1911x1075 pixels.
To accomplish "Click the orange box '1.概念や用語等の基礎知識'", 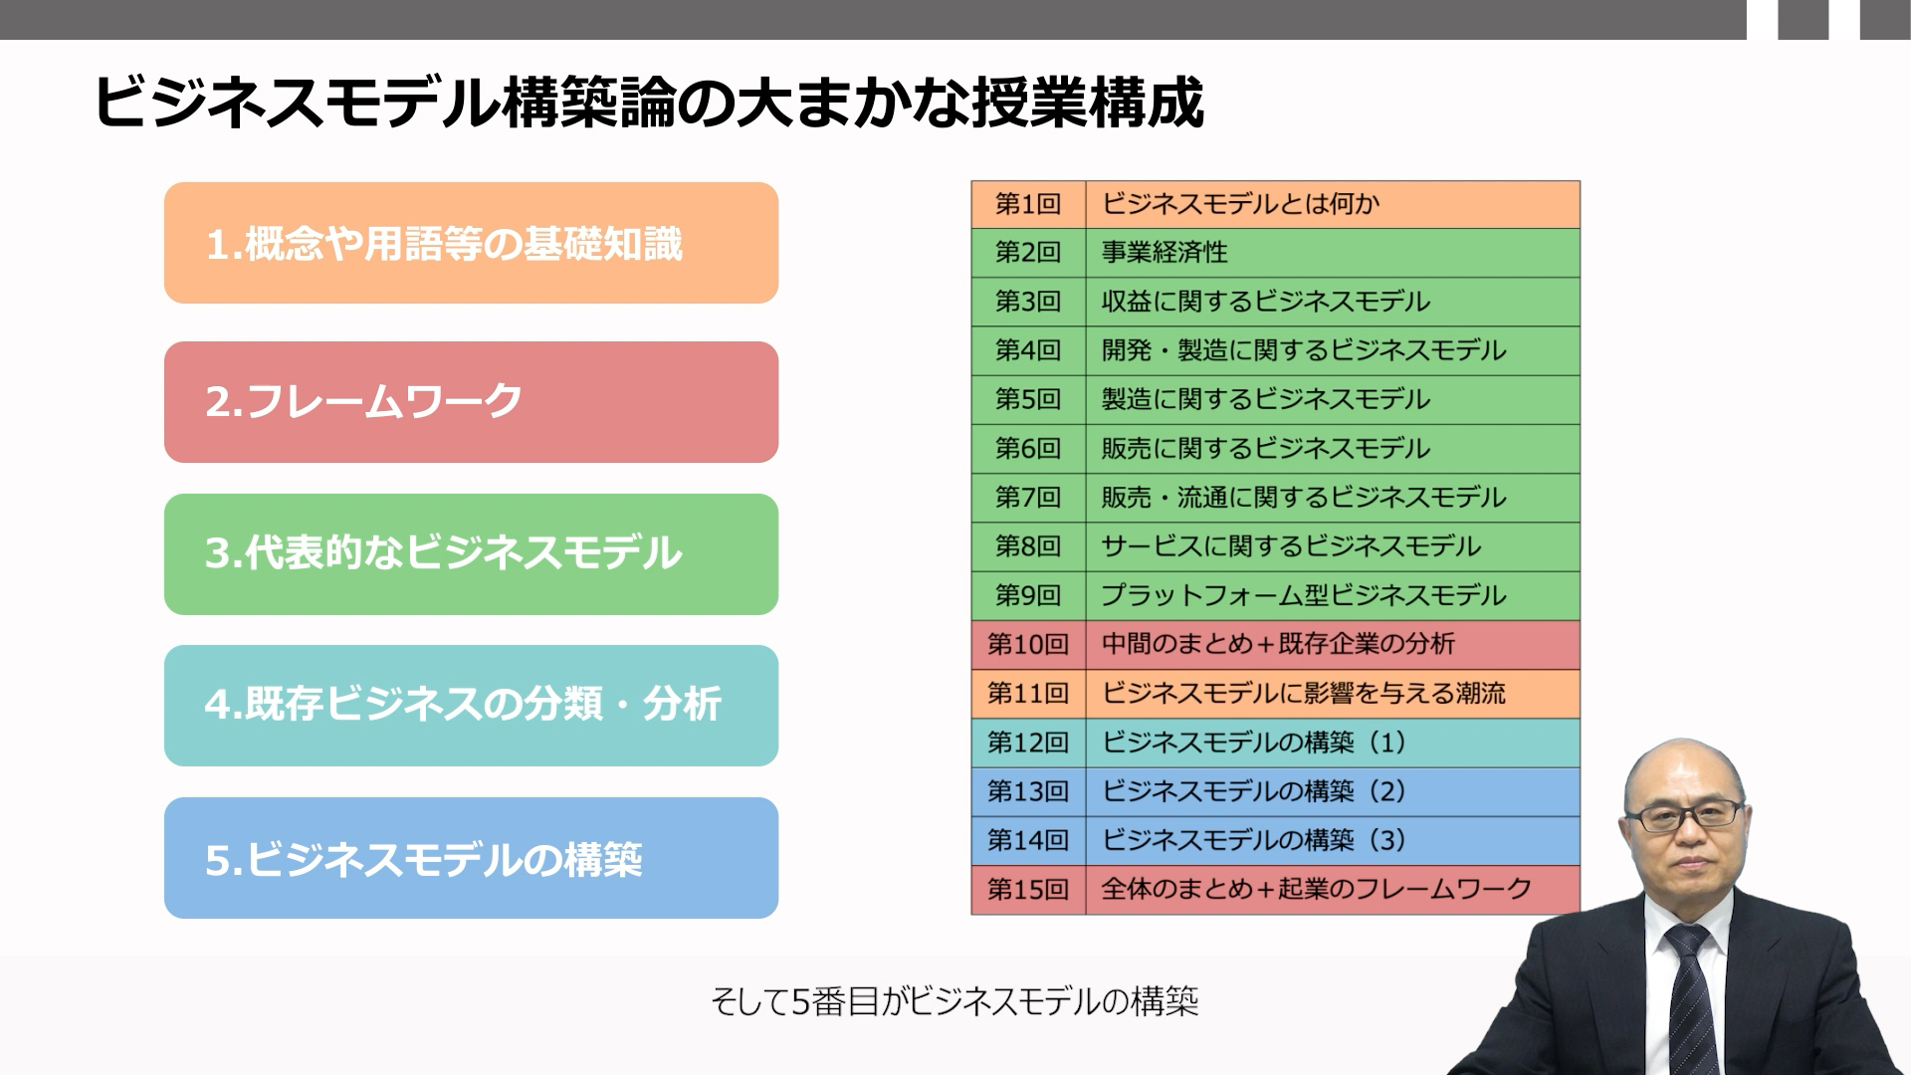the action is [x=471, y=243].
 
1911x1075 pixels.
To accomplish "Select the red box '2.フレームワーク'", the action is [x=471, y=402].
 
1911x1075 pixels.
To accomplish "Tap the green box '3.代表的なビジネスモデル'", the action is [x=471, y=554].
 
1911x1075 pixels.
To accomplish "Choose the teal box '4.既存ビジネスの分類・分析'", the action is [x=471, y=706].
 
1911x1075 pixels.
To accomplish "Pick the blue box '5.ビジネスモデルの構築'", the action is [x=471, y=858].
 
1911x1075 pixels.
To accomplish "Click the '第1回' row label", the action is [x=1028, y=204].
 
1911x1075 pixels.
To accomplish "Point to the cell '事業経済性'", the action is [x=1333, y=253].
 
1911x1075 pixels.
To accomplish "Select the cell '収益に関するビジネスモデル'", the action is [x=1333, y=302].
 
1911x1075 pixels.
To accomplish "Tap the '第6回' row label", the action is [x=1028, y=449].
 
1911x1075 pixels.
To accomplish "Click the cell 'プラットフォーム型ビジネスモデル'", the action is [x=1333, y=595].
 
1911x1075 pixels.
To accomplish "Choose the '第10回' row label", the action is [x=1028, y=644].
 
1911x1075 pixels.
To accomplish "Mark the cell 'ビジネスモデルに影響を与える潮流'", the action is [x=1333, y=694].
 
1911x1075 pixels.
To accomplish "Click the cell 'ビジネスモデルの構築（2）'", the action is [x=1333, y=791].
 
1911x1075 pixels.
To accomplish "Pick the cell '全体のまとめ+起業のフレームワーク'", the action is [x=1333, y=889].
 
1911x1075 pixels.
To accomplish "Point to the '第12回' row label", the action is [x=1028, y=743].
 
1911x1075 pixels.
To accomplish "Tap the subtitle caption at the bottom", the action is [x=955, y=1001].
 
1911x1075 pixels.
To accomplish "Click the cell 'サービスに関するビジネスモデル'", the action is [x=1333, y=546].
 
